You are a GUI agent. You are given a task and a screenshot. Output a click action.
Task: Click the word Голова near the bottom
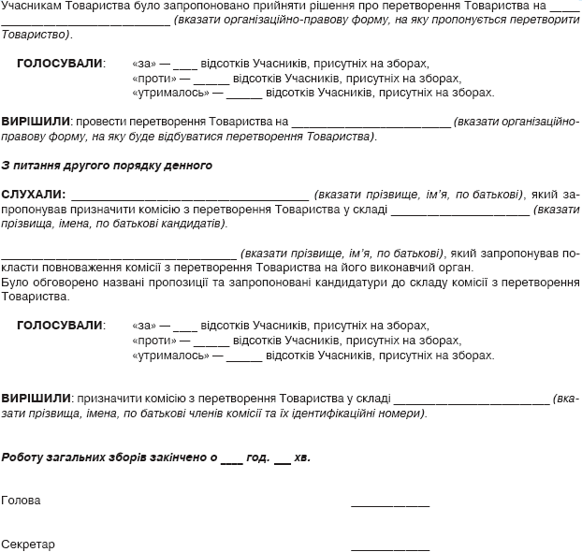pos(22,501)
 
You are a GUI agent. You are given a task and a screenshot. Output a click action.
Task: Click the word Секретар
pos(28,544)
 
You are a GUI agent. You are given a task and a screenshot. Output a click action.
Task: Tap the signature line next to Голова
pos(389,504)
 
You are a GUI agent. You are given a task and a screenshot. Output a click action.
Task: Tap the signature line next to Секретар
pos(389,547)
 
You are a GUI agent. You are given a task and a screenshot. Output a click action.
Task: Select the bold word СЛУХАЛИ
pos(32,195)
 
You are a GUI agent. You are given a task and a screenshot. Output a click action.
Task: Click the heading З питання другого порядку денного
pos(107,166)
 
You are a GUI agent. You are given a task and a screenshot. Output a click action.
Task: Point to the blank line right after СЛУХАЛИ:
pos(182,198)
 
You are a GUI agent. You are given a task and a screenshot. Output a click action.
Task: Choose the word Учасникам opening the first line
pos(30,6)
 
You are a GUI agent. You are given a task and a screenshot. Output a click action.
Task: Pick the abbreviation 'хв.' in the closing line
pos(302,458)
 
